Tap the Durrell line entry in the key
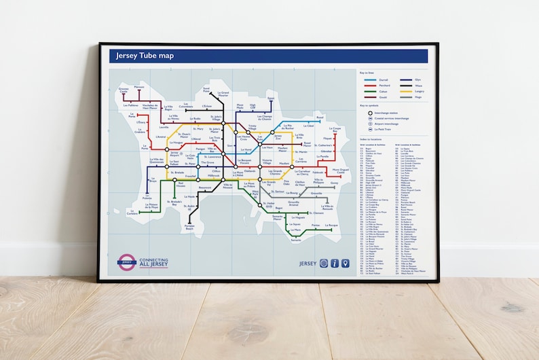[381, 79]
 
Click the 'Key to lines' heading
[367, 72]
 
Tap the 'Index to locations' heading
[371, 138]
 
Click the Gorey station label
[334, 183]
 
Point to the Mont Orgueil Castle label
[340, 171]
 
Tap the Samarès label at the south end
[296, 240]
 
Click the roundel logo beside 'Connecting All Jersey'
[126, 262]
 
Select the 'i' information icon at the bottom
[335, 263]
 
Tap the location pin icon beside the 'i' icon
[345, 263]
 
